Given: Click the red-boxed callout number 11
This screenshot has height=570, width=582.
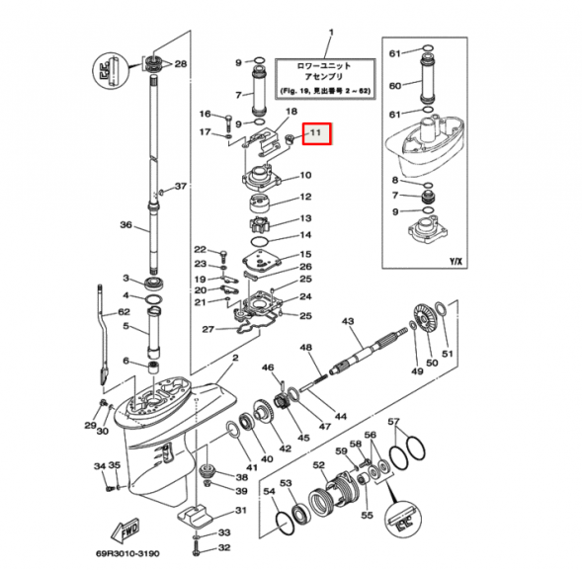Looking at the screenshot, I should (317, 132).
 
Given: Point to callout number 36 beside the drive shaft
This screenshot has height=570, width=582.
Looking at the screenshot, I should (125, 225).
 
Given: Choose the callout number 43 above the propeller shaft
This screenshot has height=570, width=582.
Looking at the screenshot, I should (348, 322).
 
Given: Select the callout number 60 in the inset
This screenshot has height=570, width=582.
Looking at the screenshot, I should (394, 86).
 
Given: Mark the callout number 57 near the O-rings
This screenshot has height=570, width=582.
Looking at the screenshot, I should (394, 423).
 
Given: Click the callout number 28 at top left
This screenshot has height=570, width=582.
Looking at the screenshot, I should (181, 65).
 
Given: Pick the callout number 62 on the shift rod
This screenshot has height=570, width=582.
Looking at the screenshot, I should (124, 312).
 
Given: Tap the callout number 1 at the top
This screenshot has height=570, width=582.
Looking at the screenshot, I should (330, 35).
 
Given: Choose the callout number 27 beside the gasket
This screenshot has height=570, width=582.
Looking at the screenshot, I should (207, 329).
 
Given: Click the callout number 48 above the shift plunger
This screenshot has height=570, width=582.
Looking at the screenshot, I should (305, 348).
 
